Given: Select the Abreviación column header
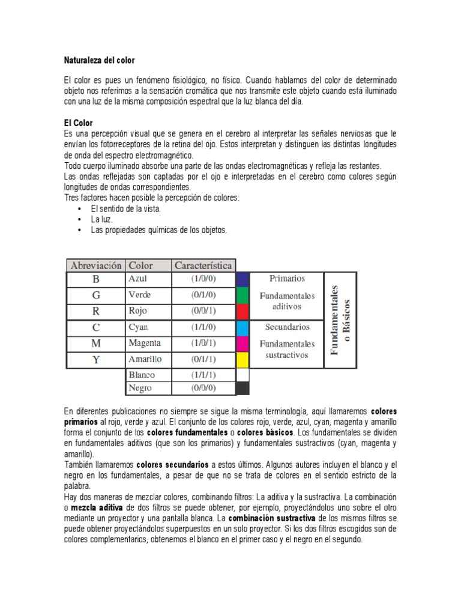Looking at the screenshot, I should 96,265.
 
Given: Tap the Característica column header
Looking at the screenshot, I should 203,265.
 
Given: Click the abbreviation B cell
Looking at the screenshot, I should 96,279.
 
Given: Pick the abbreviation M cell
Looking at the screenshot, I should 96,344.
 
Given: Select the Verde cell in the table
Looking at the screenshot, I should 140,295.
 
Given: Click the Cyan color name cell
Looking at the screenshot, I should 139,327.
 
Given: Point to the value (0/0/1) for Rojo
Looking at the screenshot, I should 203,311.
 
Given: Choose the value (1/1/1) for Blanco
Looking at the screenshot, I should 203,375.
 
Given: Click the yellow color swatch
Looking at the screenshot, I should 242,360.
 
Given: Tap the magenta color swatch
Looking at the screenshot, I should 242,344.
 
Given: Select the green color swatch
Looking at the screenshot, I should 242,295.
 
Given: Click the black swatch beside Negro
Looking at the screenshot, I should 242,389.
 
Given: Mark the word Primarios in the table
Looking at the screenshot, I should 286,279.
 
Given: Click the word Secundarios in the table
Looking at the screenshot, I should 286,327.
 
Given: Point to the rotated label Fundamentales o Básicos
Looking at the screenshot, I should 340,320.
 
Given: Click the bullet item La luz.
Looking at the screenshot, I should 102,219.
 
